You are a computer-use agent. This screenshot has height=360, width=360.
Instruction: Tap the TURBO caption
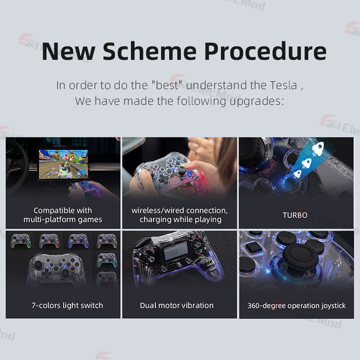295,215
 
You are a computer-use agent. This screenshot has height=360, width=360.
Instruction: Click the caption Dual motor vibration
177,306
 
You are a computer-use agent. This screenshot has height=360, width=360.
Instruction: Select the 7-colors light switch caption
67,306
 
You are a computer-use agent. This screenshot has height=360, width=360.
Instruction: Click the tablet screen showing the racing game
65,164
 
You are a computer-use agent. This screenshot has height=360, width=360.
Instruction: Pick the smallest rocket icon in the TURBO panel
297,173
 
